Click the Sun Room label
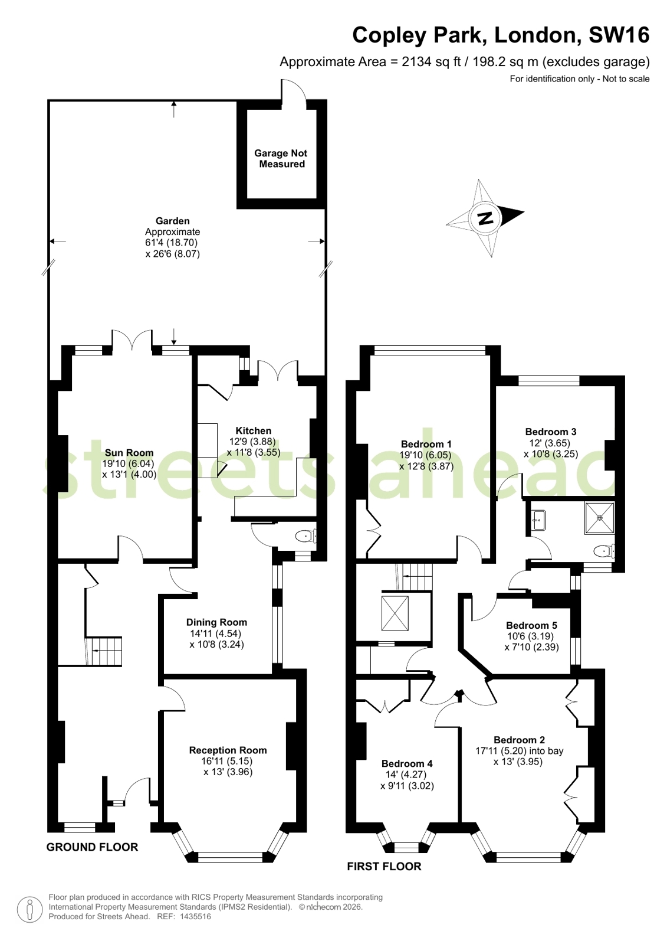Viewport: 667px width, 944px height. click(129, 453)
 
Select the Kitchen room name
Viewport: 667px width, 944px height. click(253, 431)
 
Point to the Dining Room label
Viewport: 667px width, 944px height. click(216, 622)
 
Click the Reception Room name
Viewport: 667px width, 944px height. click(228, 750)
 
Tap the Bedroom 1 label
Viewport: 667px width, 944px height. click(426, 444)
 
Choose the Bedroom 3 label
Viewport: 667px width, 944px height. click(551, 432)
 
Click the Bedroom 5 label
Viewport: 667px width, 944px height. click(531, 625)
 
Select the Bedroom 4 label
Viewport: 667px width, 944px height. click(407, 763)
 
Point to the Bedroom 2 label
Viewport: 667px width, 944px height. click(519, 740)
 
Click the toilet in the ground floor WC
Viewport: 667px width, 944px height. click(306, 536)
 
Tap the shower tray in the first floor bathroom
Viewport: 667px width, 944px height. click(600, 518)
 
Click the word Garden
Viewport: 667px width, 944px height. click(173, 221)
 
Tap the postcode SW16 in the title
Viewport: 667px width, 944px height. click(619, 35)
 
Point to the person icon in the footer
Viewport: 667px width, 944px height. click(30, 909)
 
